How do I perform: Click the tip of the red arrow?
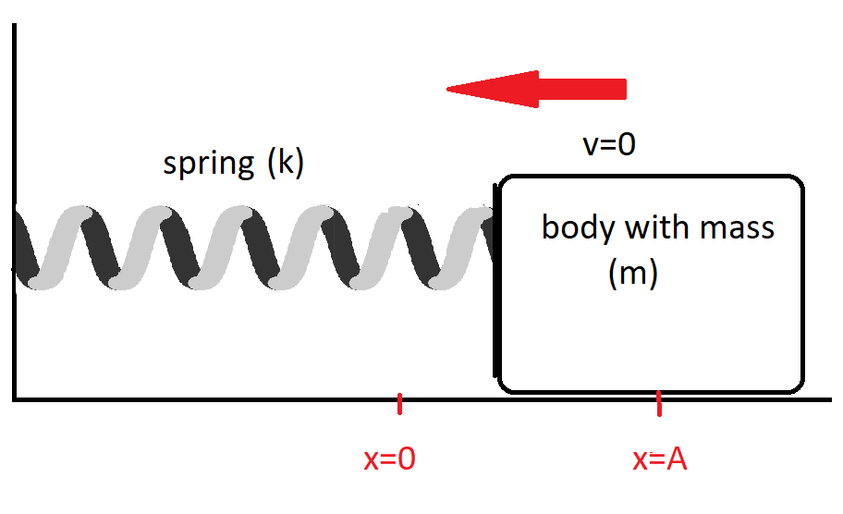[x=449, y=89]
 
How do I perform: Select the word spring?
[x=208, y=164]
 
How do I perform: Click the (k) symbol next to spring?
[x=285, y=164]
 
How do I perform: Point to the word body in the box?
[x=572, y=227]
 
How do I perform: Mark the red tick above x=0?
[x=399, y=404]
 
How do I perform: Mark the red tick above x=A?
[x=659, y=403]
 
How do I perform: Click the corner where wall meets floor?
[x=14, y=400]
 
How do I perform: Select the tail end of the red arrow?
[x=623, y=89]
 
